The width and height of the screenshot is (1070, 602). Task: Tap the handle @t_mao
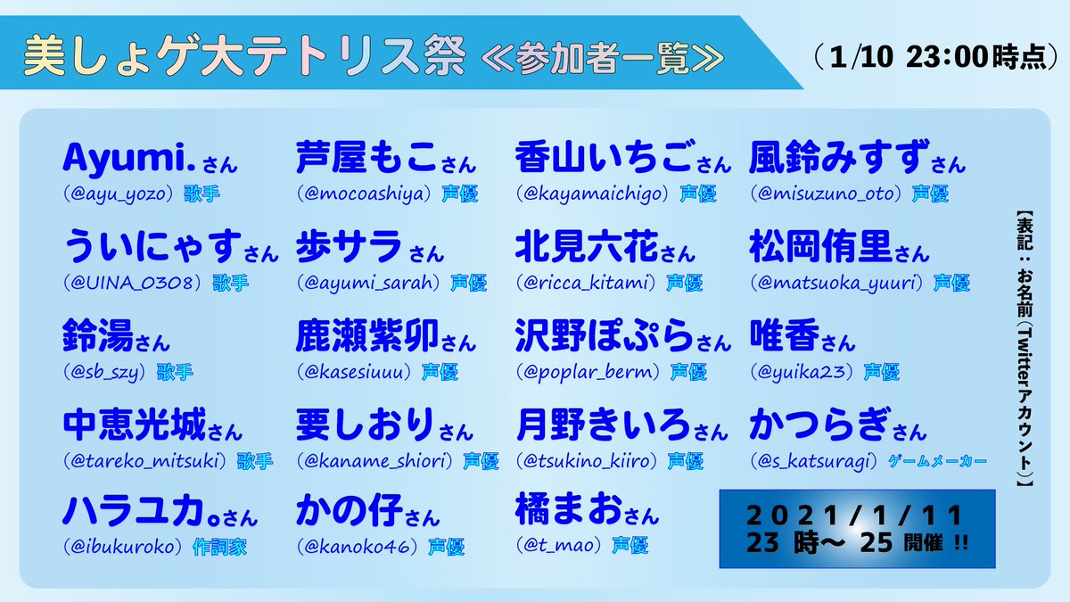coord(562,545)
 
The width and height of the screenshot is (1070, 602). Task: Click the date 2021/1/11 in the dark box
coord(856,515)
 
